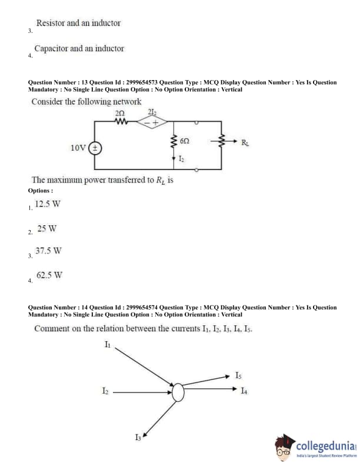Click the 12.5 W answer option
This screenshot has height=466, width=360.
(x=48, y=205)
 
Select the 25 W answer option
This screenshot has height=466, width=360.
(x=46, y=228)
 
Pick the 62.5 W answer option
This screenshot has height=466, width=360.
(x=49, y=275)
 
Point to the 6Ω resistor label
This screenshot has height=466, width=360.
(x=184, y=142)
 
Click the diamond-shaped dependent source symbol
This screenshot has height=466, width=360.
(x=152, y=123)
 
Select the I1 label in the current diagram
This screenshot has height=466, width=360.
(x=108, y=345)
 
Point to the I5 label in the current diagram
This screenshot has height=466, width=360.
(x=238, y=375)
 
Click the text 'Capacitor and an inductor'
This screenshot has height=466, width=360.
(x=79, y=49)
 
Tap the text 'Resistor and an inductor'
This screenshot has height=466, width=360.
(x=78, y=23)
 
